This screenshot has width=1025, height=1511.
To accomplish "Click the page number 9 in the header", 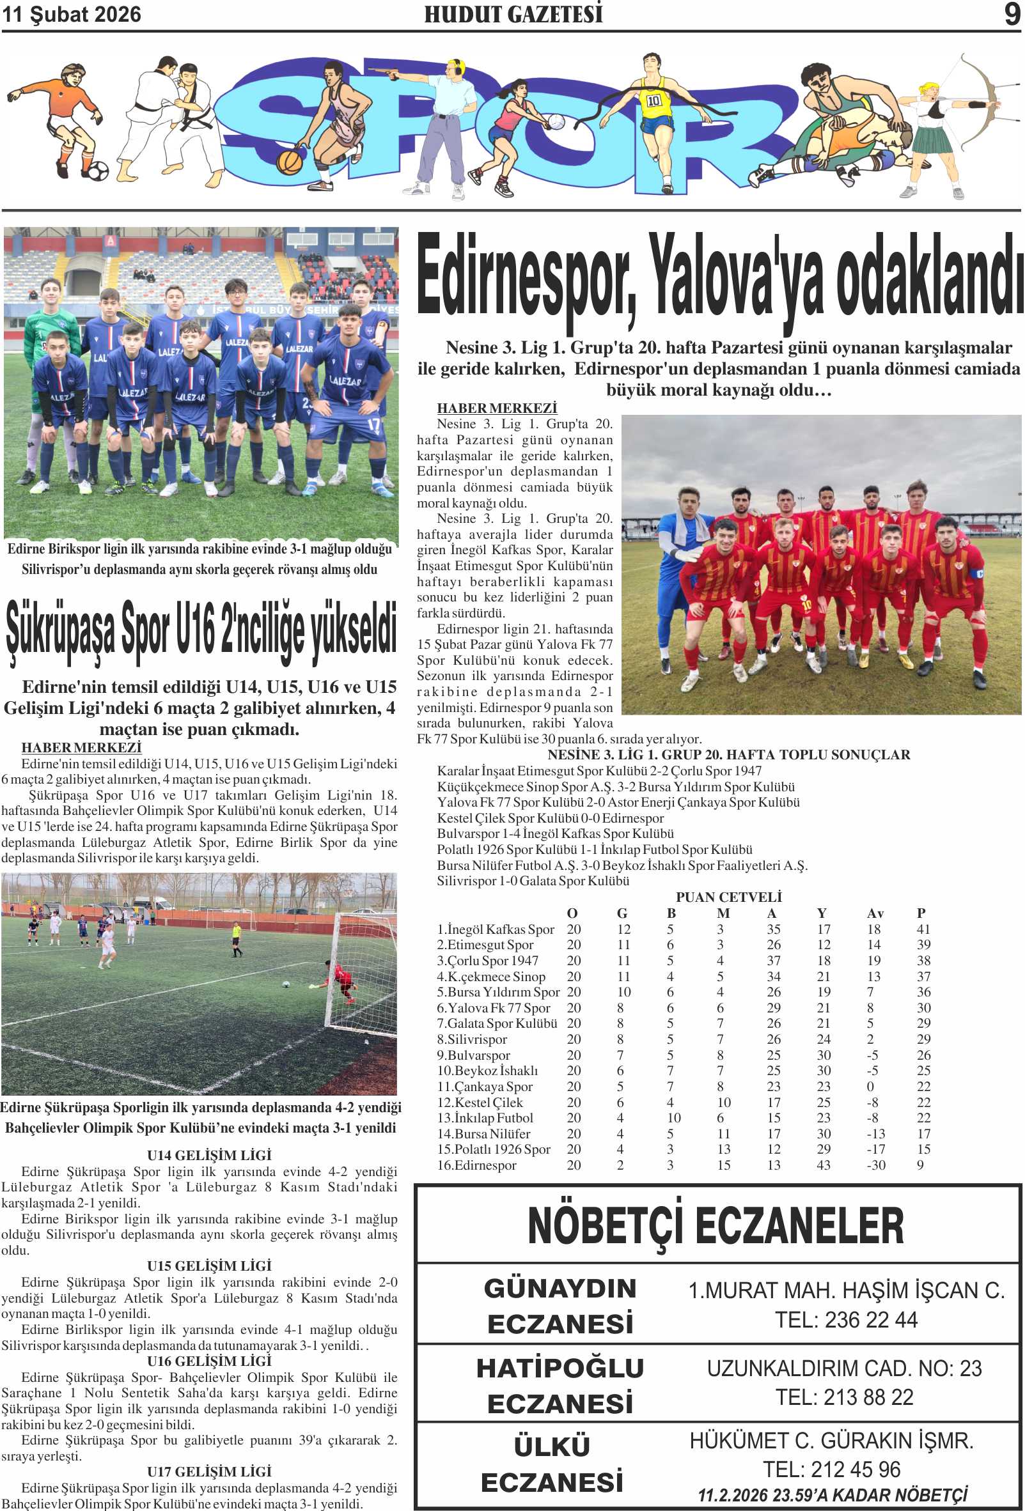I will point(1012,14).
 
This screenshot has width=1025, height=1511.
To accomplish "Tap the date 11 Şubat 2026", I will point(72,14).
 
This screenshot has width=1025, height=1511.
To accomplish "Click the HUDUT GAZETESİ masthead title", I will point(513,14).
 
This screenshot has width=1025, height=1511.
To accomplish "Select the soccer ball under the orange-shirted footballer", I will point(98,171).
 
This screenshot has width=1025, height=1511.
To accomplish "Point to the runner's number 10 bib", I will point(653,101).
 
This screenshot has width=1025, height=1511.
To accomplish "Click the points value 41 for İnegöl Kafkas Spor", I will point(923,929).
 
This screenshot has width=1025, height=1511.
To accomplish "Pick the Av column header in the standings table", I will point(875,913).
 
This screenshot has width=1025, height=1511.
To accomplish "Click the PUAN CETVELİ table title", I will point(728,897).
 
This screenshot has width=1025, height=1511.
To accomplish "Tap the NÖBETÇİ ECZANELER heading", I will point(716,1225).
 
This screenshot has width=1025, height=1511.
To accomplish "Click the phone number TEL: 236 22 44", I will point(845,1321).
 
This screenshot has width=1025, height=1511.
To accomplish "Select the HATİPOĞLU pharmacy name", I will point(560,1368).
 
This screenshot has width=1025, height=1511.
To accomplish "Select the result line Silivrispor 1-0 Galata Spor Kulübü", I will point(533,881).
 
